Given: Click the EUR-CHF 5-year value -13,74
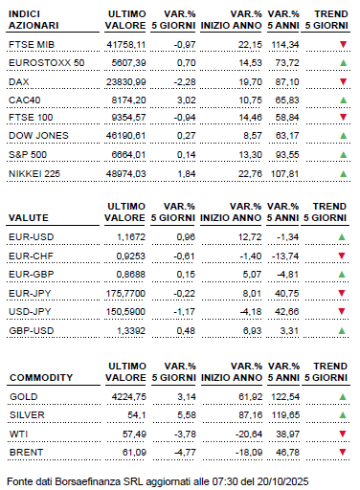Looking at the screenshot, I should [302, 258].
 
